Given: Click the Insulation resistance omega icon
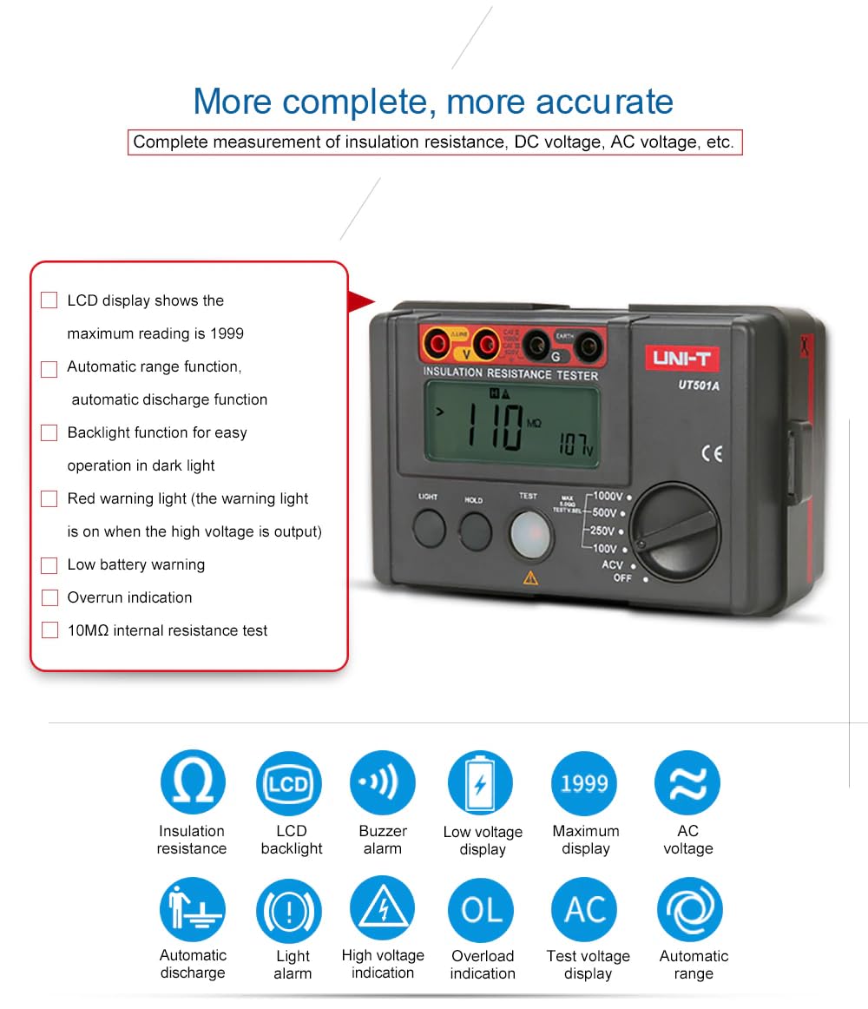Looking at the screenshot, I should click(192, 782).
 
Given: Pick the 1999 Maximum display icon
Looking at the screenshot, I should click(584, 783).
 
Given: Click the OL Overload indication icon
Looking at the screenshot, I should click(482, 910).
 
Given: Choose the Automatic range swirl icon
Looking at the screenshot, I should click(690, 909).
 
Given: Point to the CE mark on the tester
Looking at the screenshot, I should click(711, 452).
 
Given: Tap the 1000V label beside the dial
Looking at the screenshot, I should click(608, 496).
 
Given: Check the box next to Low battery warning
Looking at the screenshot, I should click(49, 565).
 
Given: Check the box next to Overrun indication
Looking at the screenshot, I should click(49, 598).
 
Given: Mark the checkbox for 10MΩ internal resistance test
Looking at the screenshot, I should click(49, 631).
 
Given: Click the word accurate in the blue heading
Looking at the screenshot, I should click(604, 102).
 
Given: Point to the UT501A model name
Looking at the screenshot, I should click(698, 386).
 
